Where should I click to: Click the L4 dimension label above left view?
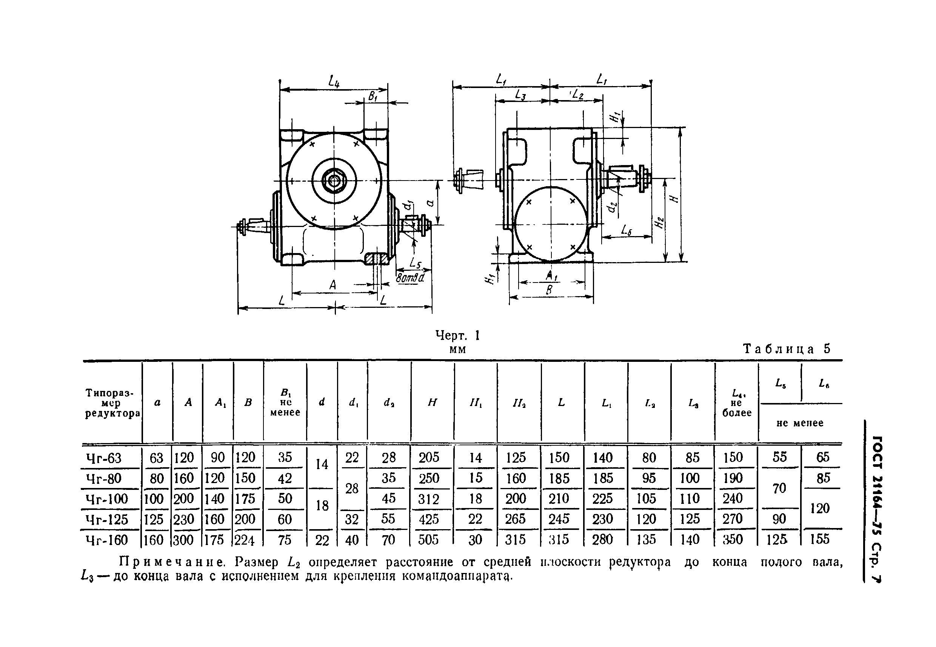(x=334, y=82)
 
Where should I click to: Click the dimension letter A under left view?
(x=333, y=285)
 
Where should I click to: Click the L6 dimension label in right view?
(x=627, y=231)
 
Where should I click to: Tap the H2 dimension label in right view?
(x=659, y=222)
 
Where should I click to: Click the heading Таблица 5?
(x=786, y=349)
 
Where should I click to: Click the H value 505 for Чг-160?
(x=428, y=540)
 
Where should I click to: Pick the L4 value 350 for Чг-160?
(x=733, y=540)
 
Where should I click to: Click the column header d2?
(x=389, y=403)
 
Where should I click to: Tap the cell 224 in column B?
(x=245, y=540)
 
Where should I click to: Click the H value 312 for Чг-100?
(x=428, y=499)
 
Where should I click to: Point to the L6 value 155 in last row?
(x=820, y=539)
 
